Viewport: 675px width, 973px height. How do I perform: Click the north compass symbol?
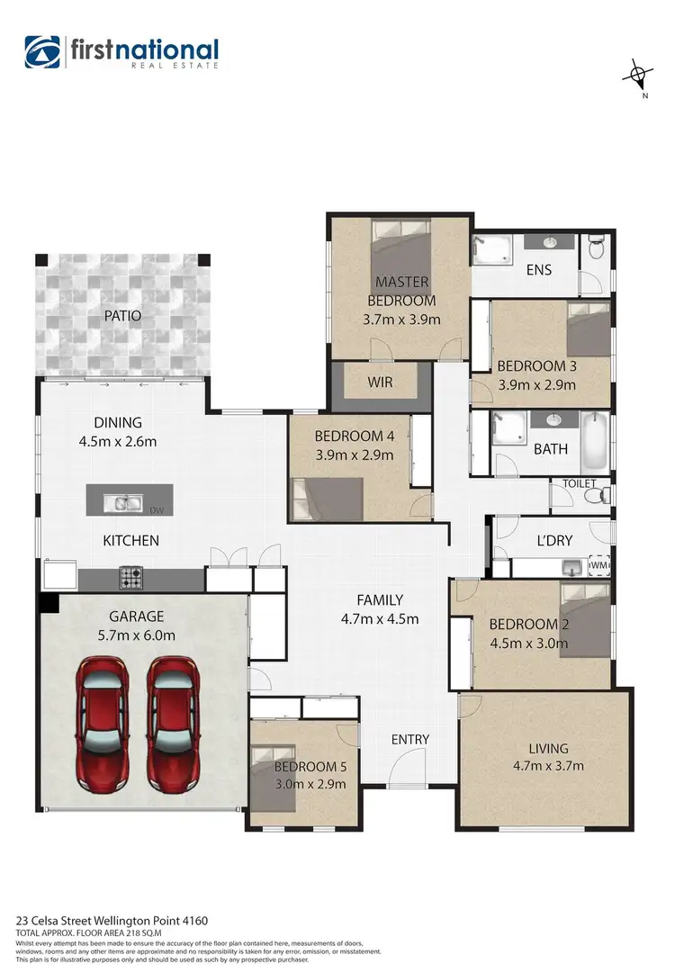(637, 76)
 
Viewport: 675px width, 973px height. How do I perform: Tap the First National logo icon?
(43, 53)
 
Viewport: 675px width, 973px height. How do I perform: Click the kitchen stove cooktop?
(131, 578)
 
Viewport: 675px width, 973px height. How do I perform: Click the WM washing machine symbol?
(598, 565)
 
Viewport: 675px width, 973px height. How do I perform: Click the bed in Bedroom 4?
(328, 500)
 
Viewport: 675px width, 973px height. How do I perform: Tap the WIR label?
(380, 382)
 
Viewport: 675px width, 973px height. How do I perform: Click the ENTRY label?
(409, 739)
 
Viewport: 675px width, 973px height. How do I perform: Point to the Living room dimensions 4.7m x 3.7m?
(548, 766)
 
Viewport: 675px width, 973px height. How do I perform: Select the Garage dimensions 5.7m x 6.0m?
(136, 635)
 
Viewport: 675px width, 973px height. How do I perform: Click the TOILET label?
(580, 483)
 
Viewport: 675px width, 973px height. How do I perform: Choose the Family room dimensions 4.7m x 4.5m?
(379, 618)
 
